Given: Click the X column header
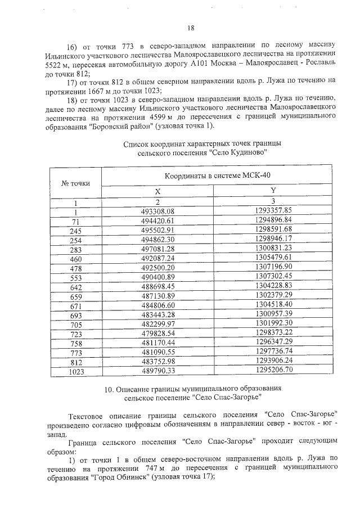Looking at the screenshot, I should [x=158, y=191].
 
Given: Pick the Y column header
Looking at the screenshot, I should [x=273, y=191].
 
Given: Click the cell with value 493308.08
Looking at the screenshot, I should [x=158, y=210].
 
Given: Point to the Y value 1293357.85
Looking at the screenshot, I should [x=273, y=210].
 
